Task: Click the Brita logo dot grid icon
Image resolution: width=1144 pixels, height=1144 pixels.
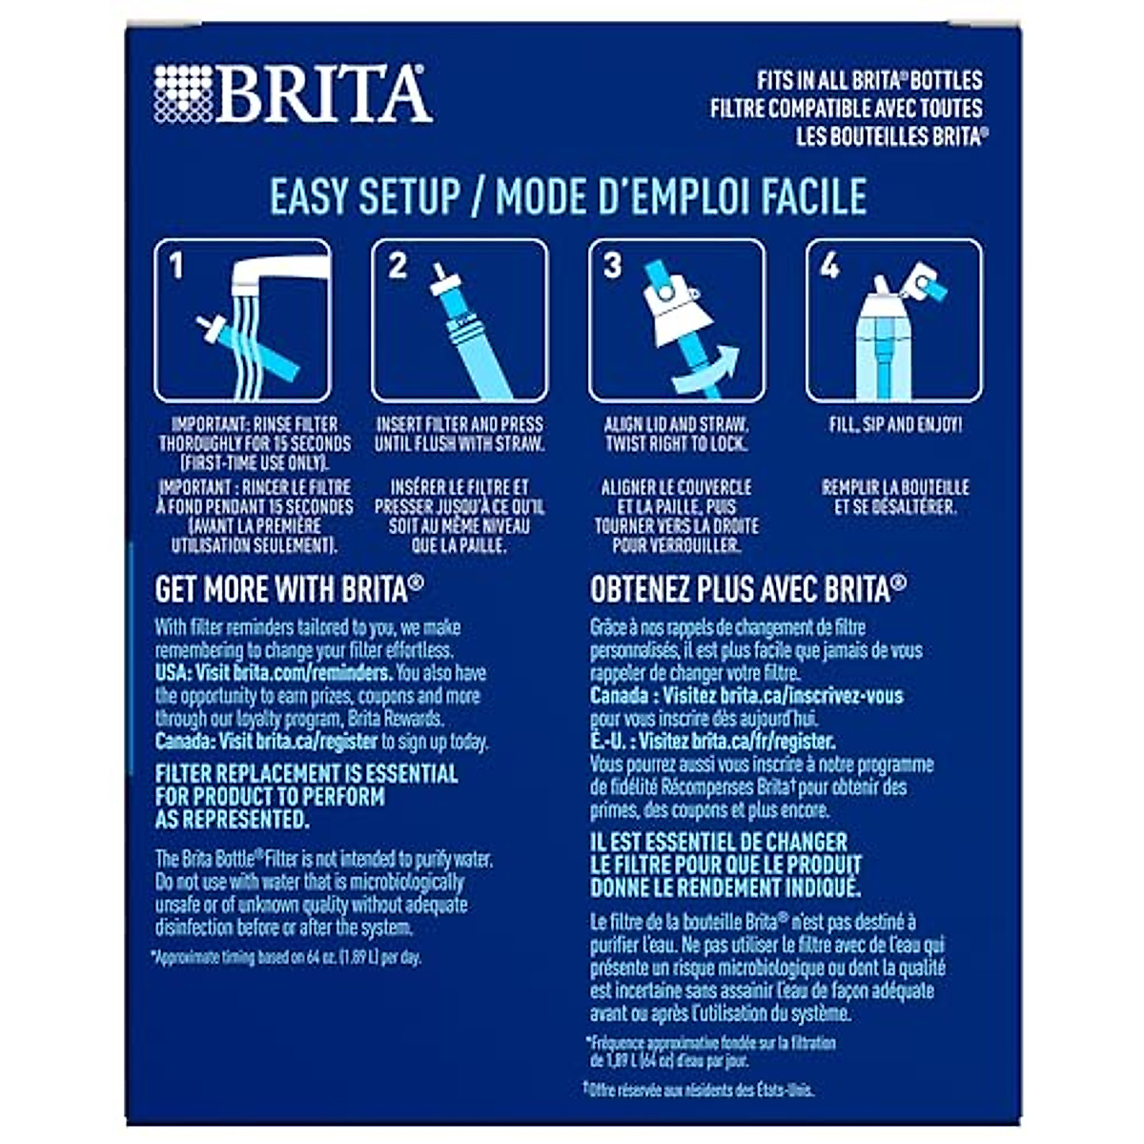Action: [x=183, y=93]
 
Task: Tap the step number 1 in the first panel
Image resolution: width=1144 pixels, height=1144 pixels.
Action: [x=177, y=266]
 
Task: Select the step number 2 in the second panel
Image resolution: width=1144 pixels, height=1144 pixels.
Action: [x=398, y=266]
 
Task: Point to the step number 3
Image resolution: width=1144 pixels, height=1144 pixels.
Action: [x=612, y=266]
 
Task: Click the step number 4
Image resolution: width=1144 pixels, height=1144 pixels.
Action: [x=829, y=266]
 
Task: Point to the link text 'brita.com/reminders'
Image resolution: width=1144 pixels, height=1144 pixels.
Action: [x=311, y=673]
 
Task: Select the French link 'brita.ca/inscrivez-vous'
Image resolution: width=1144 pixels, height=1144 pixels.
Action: [x=811, y=696]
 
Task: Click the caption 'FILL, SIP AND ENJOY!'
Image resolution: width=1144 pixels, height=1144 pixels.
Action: [x=894, y=424]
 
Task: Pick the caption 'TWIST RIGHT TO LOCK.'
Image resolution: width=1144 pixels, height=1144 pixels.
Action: [x=676, y=444]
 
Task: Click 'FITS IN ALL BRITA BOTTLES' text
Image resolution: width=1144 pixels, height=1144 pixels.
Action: [x=868, y=81]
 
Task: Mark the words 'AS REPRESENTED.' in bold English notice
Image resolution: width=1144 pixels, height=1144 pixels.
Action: [x=233, y=820]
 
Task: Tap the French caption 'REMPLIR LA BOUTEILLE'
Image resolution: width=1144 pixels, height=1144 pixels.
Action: [x=894, y=487]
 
